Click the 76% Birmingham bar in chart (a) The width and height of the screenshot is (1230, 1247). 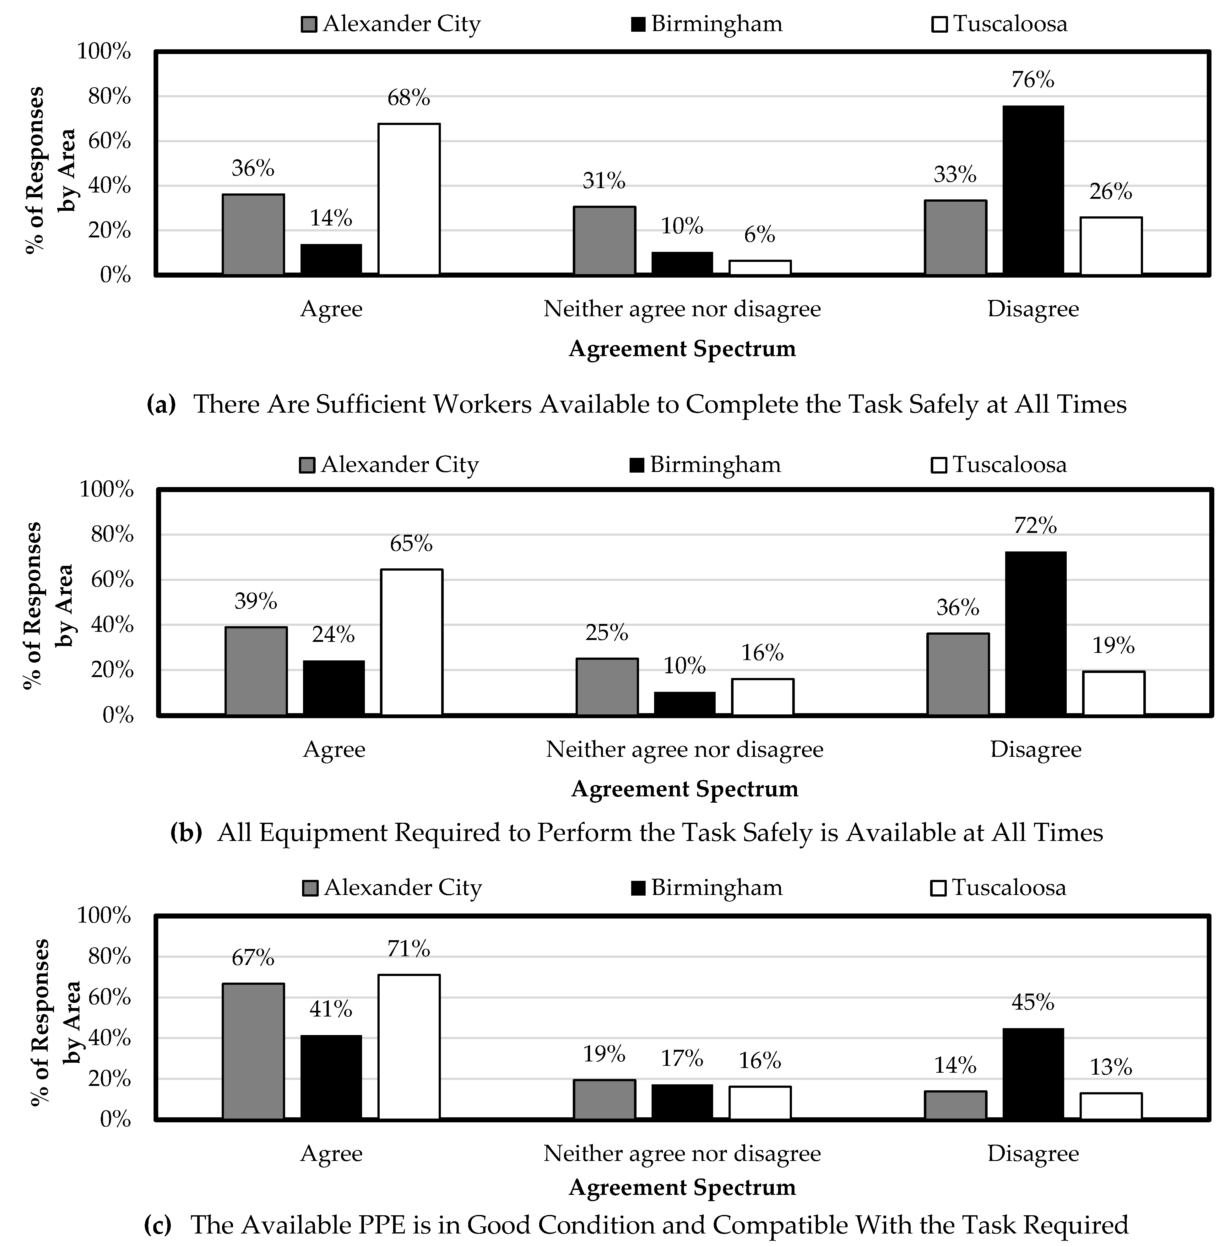(1032, 190)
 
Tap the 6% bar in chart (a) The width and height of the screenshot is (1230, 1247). (760, 268)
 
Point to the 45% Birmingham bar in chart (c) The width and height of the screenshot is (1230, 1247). (1032, 1074)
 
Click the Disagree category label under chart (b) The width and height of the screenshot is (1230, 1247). (1035, 749)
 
